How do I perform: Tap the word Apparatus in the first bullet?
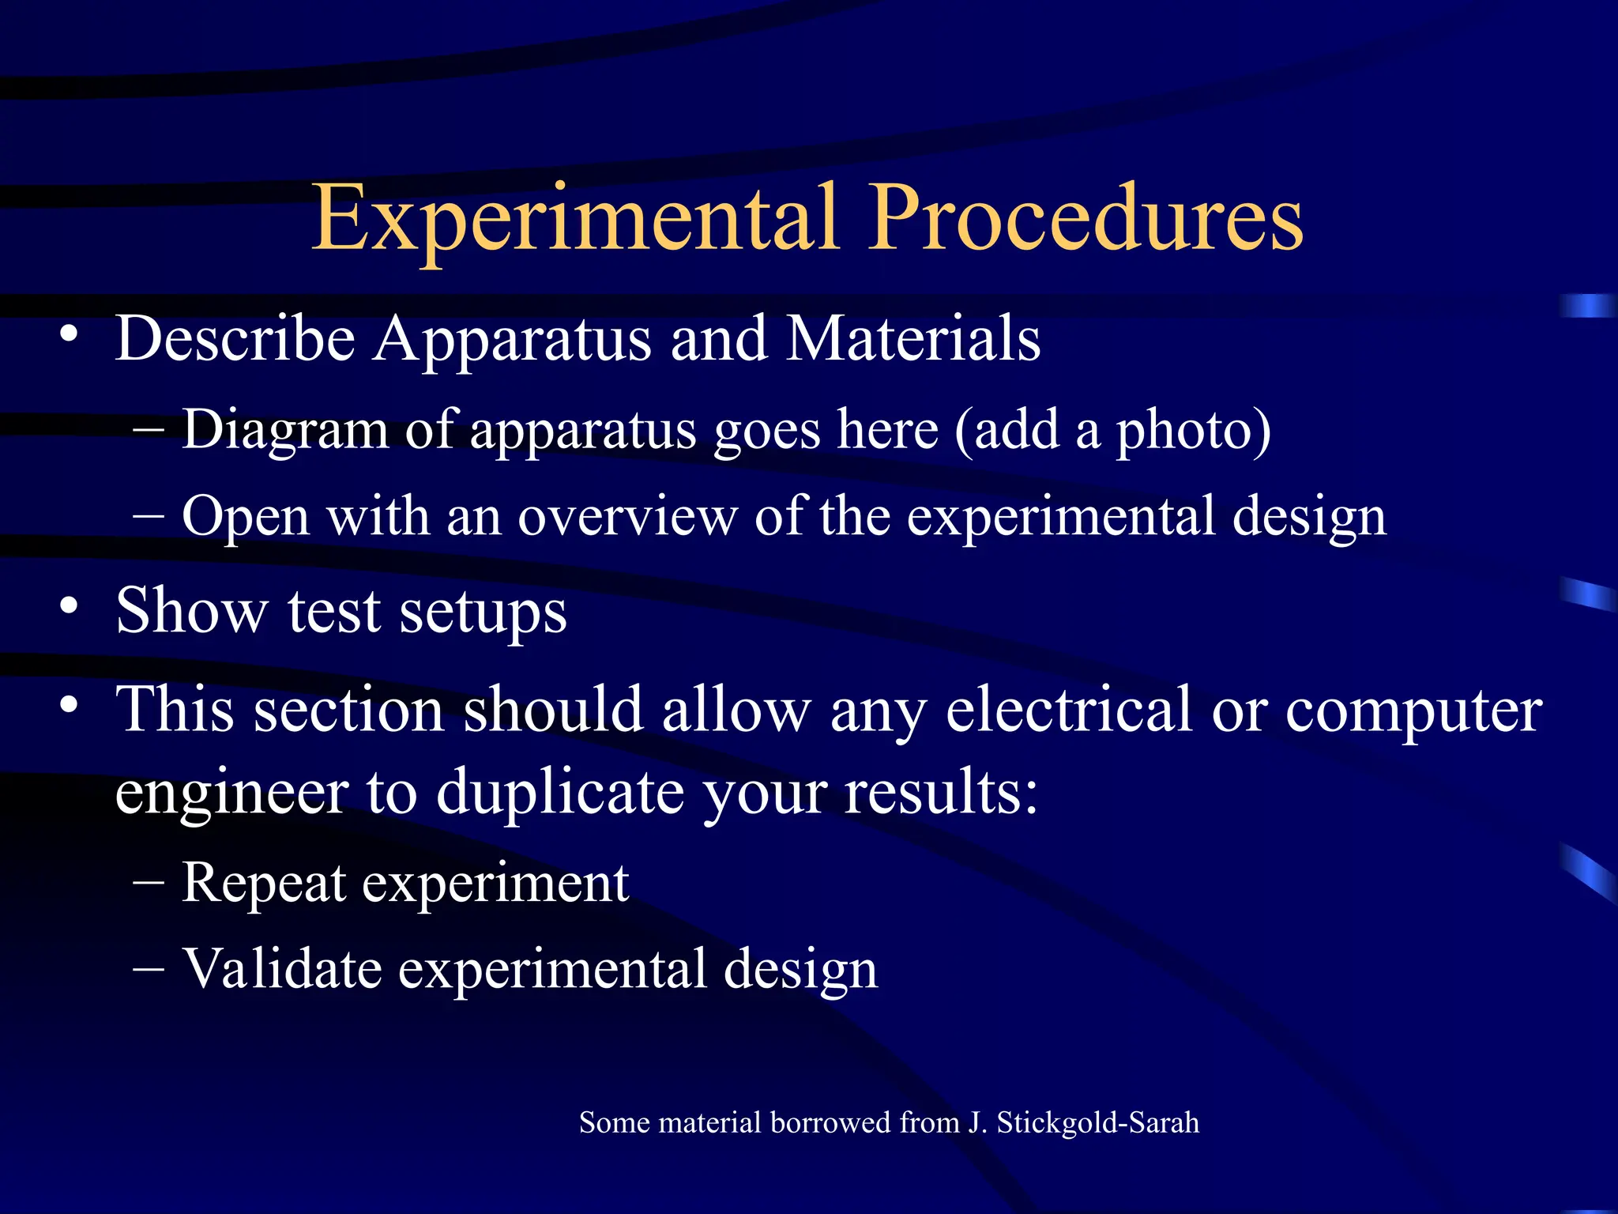[513, 340]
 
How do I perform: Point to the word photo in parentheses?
[1184, 431]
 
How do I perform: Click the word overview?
[627, 517]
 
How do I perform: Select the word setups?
[483, 613]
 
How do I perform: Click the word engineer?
[231, 794]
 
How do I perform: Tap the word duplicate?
[560, 794]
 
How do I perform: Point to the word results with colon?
[940, 792]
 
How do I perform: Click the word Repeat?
[264, 884]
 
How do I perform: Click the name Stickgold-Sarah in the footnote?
[1097, 1123]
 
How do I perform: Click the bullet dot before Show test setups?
[70, 607]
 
